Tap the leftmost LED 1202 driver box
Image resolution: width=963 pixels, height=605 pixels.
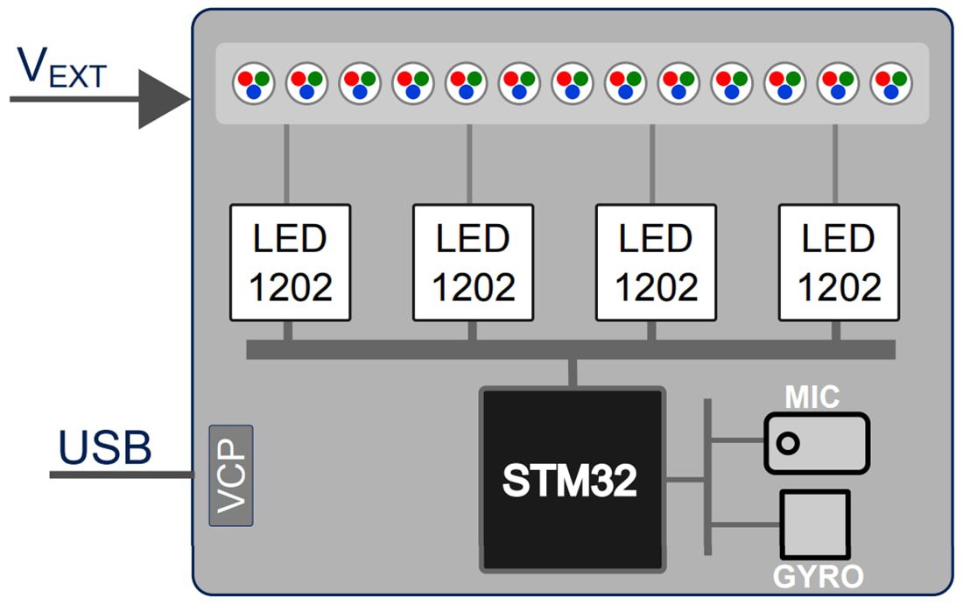[290, 262]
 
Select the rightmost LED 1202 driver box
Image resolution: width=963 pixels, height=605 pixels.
[839, 262]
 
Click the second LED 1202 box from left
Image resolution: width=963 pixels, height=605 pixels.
[473, 262]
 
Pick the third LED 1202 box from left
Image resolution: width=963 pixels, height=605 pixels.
[656, 262]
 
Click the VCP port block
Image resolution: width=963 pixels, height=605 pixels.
[231, 475]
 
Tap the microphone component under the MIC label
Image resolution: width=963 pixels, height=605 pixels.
[816, 443]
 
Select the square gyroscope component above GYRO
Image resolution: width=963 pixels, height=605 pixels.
[815, 524]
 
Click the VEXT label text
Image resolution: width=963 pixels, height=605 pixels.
[61, 68]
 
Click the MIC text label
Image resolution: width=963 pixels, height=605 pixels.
[812, 397]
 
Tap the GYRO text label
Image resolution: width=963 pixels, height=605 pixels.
[818, 576]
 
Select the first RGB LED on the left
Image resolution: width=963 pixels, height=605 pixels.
[254, 84]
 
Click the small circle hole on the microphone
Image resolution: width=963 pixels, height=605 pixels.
[788, 443]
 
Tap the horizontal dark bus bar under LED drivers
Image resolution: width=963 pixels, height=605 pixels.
[570, 349]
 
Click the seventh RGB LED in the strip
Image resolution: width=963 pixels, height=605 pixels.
[573, 84]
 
